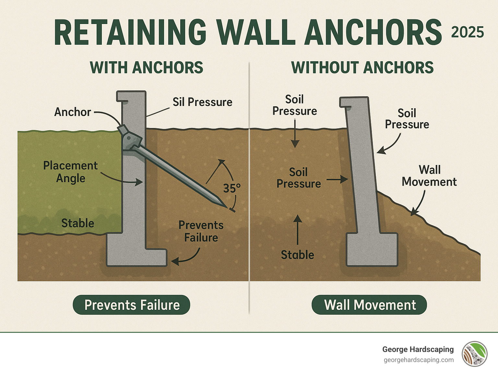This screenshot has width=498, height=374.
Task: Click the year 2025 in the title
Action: (x=467, y=32)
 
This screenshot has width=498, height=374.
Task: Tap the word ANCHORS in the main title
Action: (x=373, y=32)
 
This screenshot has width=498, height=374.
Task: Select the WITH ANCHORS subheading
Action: (x=146, y=67)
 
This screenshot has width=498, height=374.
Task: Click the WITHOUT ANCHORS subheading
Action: (x=362, y=67)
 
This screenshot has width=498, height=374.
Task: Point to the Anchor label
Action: (x=72, y=112)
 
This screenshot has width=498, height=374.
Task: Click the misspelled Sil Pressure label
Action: (x=202, y=102)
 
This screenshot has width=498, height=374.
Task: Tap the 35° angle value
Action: (x=231, y=188)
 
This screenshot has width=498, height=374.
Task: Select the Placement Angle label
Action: (x=70, y=172)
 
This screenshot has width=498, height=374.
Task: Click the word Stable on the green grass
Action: (x=78, y=223)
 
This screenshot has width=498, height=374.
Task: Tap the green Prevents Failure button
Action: (x=131, y=305)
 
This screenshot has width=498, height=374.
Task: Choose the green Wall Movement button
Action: (x=369, y=305)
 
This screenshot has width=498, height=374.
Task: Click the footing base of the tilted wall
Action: (x=372, y=249)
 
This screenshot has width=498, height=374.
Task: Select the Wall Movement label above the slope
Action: (x=429, y=176)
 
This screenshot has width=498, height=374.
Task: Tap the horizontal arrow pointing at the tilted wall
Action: (x=337, y=179)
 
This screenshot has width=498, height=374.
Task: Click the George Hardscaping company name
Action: (x=418, y=349)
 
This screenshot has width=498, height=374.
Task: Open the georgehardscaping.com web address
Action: (x=419, y=360)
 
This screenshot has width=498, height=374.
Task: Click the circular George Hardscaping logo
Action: (x=475, y=354)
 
